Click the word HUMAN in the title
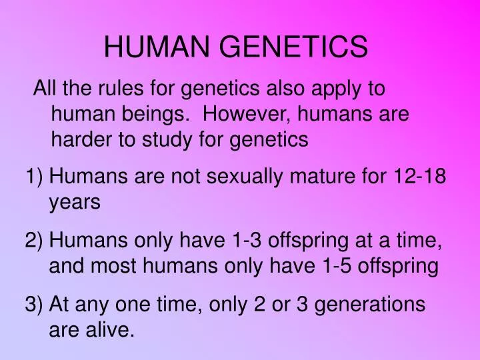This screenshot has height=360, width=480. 154,47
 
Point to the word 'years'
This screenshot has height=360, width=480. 75,203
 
